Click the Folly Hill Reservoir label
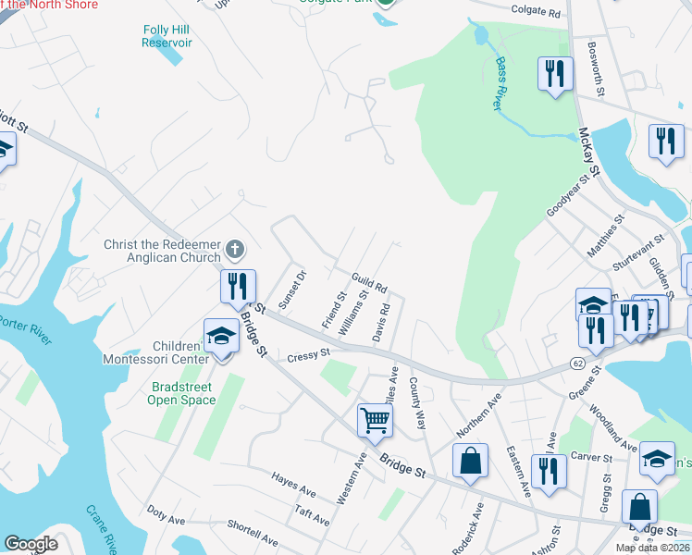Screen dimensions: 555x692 coord(167,36)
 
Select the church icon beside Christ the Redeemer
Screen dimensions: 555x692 coord(235,249)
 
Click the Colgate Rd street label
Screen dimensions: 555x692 coord(537,12)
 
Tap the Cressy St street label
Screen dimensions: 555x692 coord(308,354)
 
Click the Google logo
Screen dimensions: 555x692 coord(31,544)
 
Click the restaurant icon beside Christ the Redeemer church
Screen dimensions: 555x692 coord(238,285)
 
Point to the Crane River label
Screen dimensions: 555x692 coord(100,528)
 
